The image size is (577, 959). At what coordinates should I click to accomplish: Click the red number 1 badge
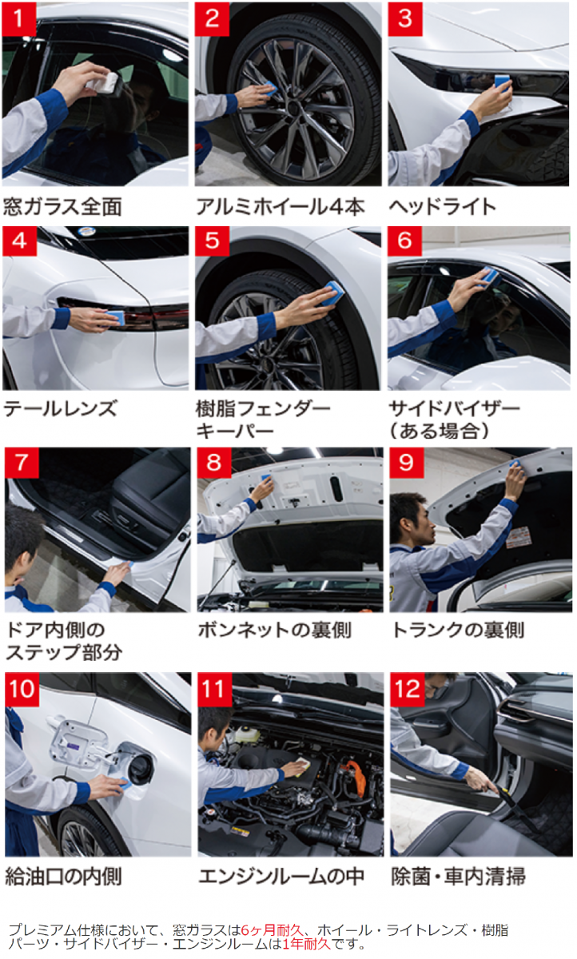click(x=19, y=19)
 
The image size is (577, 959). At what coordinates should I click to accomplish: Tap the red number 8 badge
click(x=214, y=463)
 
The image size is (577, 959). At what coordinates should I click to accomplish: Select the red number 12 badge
click(x=407, y=689)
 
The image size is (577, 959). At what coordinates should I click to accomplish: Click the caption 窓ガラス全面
click(x=62, y=206)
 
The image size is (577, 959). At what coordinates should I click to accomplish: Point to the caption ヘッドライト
click(x=442, y=206)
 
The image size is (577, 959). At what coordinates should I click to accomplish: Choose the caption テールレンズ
click(x=61, y=408)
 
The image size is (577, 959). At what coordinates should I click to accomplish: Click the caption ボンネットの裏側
click(x=275, y=631)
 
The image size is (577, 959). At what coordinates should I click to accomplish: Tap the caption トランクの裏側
click(x=458, y=631)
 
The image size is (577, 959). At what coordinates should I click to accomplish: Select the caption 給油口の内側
click(x=64, y=877)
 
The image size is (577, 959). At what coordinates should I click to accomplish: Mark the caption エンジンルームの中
click(x=281, y=877)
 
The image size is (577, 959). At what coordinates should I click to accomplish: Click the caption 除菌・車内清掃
click(x=459, y=877)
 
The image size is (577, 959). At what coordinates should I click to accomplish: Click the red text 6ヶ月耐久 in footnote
click(x=273, y=930)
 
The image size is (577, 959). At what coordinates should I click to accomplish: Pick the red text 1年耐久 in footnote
click(x=307, y=944)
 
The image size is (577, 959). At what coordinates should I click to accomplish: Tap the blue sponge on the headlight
click(x=503, y=82)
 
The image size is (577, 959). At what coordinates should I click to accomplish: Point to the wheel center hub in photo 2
click(x=293, y=107)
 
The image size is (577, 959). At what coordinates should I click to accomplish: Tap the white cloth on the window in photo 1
click(x=105, y=83)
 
